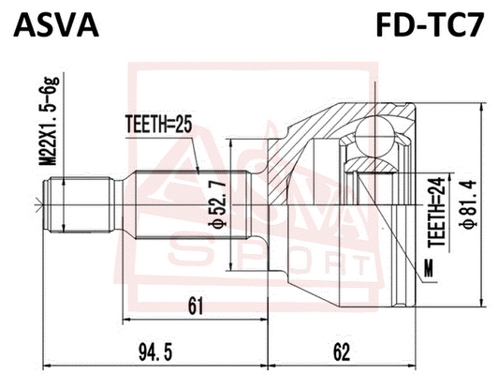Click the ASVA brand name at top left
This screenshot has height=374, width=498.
tap(56, 25)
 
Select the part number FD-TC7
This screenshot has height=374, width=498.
tap(430, 24)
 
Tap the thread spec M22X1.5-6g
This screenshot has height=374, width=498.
tap(50, 121)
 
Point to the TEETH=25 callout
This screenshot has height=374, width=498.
tap(159, 125)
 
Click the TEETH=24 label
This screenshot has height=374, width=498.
tap(437, 212)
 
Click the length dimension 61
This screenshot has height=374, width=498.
tap(196, 307)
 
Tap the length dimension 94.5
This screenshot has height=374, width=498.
tap(155, 352)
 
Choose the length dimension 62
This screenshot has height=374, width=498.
tap(342, 352)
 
